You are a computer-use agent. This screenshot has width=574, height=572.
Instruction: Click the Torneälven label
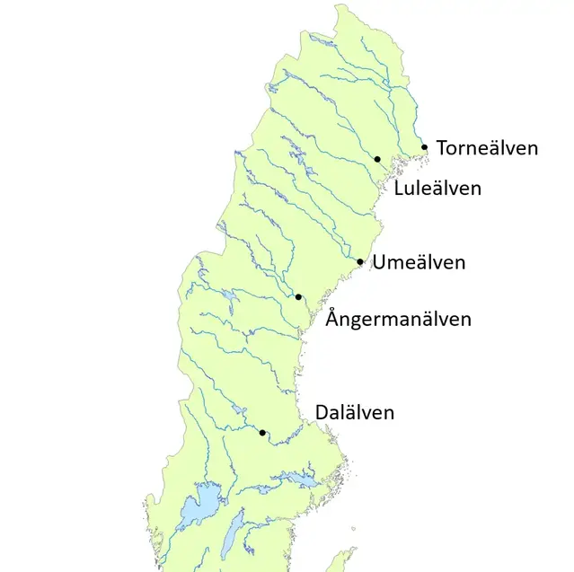pos(487,147)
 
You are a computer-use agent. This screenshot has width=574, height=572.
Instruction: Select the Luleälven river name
pos(437,189)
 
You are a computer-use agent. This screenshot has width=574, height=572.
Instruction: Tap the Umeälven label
pos(419,263)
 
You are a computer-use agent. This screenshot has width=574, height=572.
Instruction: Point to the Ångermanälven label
pos(398,319)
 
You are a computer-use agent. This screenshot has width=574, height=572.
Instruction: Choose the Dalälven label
pos(354,413)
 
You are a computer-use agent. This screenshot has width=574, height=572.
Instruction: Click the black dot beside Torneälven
pos(425,146)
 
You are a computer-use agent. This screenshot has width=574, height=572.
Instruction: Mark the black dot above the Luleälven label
pos(377,159)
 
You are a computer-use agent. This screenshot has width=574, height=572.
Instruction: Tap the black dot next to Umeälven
pos(360,262)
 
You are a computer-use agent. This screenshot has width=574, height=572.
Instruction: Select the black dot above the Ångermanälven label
pos(298,296)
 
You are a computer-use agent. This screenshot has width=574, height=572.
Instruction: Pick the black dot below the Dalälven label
pos(262,433)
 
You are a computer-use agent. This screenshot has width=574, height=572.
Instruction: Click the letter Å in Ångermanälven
pos(333,318)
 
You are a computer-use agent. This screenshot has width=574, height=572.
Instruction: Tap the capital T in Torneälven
pos(442,147)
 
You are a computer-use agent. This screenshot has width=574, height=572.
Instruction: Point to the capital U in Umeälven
pos(379,263)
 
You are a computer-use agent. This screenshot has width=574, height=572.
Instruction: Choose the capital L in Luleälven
pos(399,189)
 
